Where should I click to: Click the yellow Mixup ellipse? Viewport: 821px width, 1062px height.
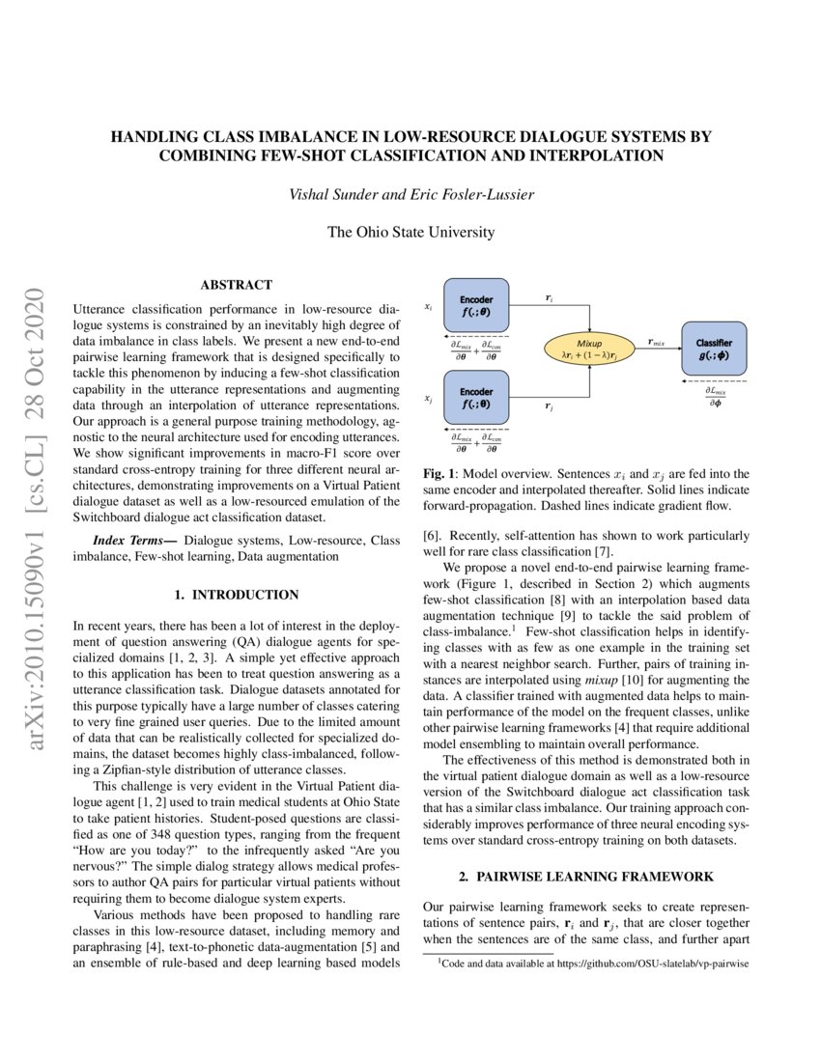589,349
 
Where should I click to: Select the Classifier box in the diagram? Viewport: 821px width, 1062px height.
714,349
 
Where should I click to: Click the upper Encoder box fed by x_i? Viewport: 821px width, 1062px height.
476,306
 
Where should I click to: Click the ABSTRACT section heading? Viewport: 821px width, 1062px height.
236,285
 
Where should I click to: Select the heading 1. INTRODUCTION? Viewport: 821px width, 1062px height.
236,595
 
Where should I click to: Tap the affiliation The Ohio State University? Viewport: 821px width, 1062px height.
411,232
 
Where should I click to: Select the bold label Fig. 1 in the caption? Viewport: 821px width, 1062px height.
440,474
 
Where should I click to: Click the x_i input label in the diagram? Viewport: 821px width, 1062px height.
428,306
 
